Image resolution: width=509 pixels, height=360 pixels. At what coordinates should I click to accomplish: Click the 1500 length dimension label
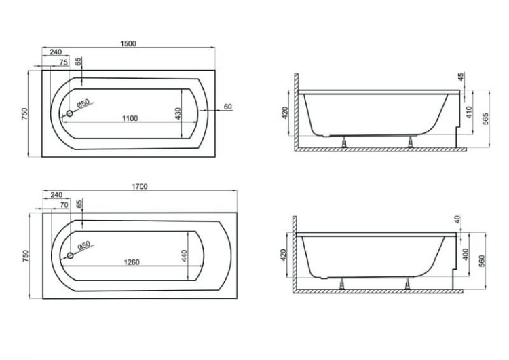[x=128, y=43]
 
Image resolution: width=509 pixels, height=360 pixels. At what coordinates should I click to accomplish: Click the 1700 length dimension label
[x=140, y=187]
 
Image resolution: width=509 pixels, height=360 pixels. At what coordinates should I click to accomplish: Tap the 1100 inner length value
[x=130, y=119]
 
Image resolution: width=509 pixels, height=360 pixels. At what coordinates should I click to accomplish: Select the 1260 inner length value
[x=132, y=262]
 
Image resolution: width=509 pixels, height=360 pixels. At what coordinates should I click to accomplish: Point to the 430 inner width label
[x=178, y=113]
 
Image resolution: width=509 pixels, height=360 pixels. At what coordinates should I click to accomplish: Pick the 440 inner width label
[x=184, y=255]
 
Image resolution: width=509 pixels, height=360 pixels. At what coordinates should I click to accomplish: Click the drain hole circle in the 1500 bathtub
[x=69, y=113]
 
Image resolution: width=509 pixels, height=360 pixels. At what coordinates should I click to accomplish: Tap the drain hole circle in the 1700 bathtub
[x=70, y=255]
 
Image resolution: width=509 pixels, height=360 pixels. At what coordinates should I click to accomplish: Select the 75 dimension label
[x=64, y=62]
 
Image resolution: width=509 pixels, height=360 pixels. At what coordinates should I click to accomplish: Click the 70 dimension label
[x=64, y=205]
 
